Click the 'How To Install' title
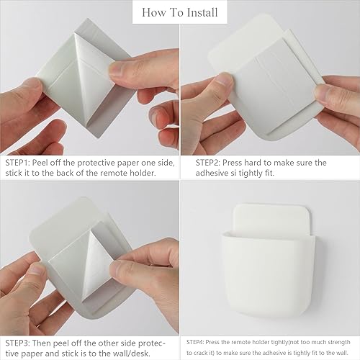179,12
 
